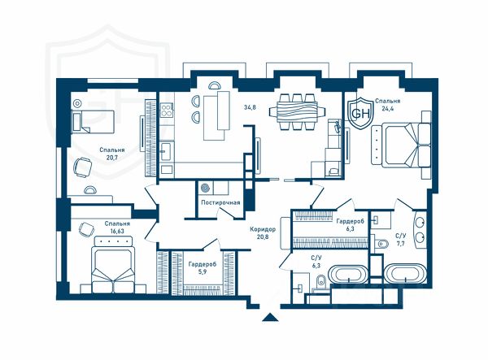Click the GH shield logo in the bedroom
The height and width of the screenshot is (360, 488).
pyautogui.click(x=360, y=112)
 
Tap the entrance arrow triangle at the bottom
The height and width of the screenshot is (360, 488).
pyautogui.click(x=270, y=317)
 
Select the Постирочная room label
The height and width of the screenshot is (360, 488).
pyautogui.click(x=220, y=202)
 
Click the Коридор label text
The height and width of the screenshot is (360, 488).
pyautogui.click(x=263, y=229)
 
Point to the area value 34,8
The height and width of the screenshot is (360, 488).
pyautogui.click(x=250, y=107)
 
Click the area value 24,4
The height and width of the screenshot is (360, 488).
pyautogui.click(x=387, y=109)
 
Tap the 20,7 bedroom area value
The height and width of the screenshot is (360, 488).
pyautogui.click(x=112, y=158)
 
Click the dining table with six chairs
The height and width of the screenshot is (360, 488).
pyautogui.click(x=297, y=111)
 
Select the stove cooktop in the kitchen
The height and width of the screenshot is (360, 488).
pyautogui.click(x=167, y=110)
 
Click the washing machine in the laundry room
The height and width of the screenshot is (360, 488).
pyautogui.click(x=205, y=188)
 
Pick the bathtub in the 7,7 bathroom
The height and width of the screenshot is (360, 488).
pyautogui.click(x=404, y=274)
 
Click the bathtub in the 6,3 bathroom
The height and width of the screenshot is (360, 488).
pyautogui.click(x=349, y=274)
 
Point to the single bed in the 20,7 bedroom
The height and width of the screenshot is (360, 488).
pyautogui.click(x=93, y=122)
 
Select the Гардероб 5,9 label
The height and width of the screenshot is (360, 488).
pyautogui.click(x=202, y=267)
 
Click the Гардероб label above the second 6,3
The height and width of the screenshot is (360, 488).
pyautogui.click(x=350, y=221)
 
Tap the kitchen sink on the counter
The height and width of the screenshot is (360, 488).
pyautogui.click(x=168, y=151)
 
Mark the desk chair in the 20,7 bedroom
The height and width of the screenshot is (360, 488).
pyautogui.click(x=83, y=167)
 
